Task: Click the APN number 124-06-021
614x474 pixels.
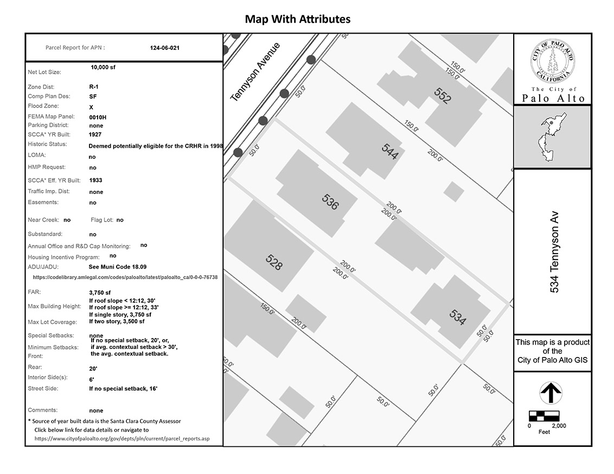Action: coord(164,48)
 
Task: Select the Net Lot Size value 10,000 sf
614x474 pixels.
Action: coord(103,67)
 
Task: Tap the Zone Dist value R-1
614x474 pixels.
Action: coord(94,87)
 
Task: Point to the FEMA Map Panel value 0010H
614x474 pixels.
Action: coord(98,118)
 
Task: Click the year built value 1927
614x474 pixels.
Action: coord(95,134)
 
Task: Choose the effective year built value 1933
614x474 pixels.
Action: coord(95,180)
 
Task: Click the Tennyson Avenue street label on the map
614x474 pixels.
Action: coord(255,72)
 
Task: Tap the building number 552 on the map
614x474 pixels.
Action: coord(443,95)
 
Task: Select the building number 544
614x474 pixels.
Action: coord(390,151)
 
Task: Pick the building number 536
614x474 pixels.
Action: coord(330,202)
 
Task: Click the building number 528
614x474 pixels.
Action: coord(274,262)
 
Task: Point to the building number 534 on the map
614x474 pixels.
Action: coord(458,317)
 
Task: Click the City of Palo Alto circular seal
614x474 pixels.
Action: coord(553,61)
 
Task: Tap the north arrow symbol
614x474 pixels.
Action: coord(551,393)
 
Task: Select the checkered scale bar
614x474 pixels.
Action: coord(544,416)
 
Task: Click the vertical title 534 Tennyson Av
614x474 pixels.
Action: coord(554,252)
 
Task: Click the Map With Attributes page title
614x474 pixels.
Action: coord(298,19)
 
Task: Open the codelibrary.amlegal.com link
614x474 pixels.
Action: coord(125,277)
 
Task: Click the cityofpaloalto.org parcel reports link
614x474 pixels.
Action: coord(122,439)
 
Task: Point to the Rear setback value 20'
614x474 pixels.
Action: coord(93,368)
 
